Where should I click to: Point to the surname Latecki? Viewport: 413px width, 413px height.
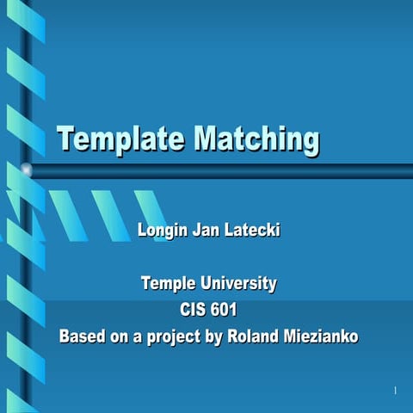[252, 231]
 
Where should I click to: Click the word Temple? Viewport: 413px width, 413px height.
[169, 283]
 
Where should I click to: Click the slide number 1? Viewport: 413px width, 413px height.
[394, 391]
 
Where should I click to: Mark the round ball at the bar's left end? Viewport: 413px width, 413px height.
[27, 170]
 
